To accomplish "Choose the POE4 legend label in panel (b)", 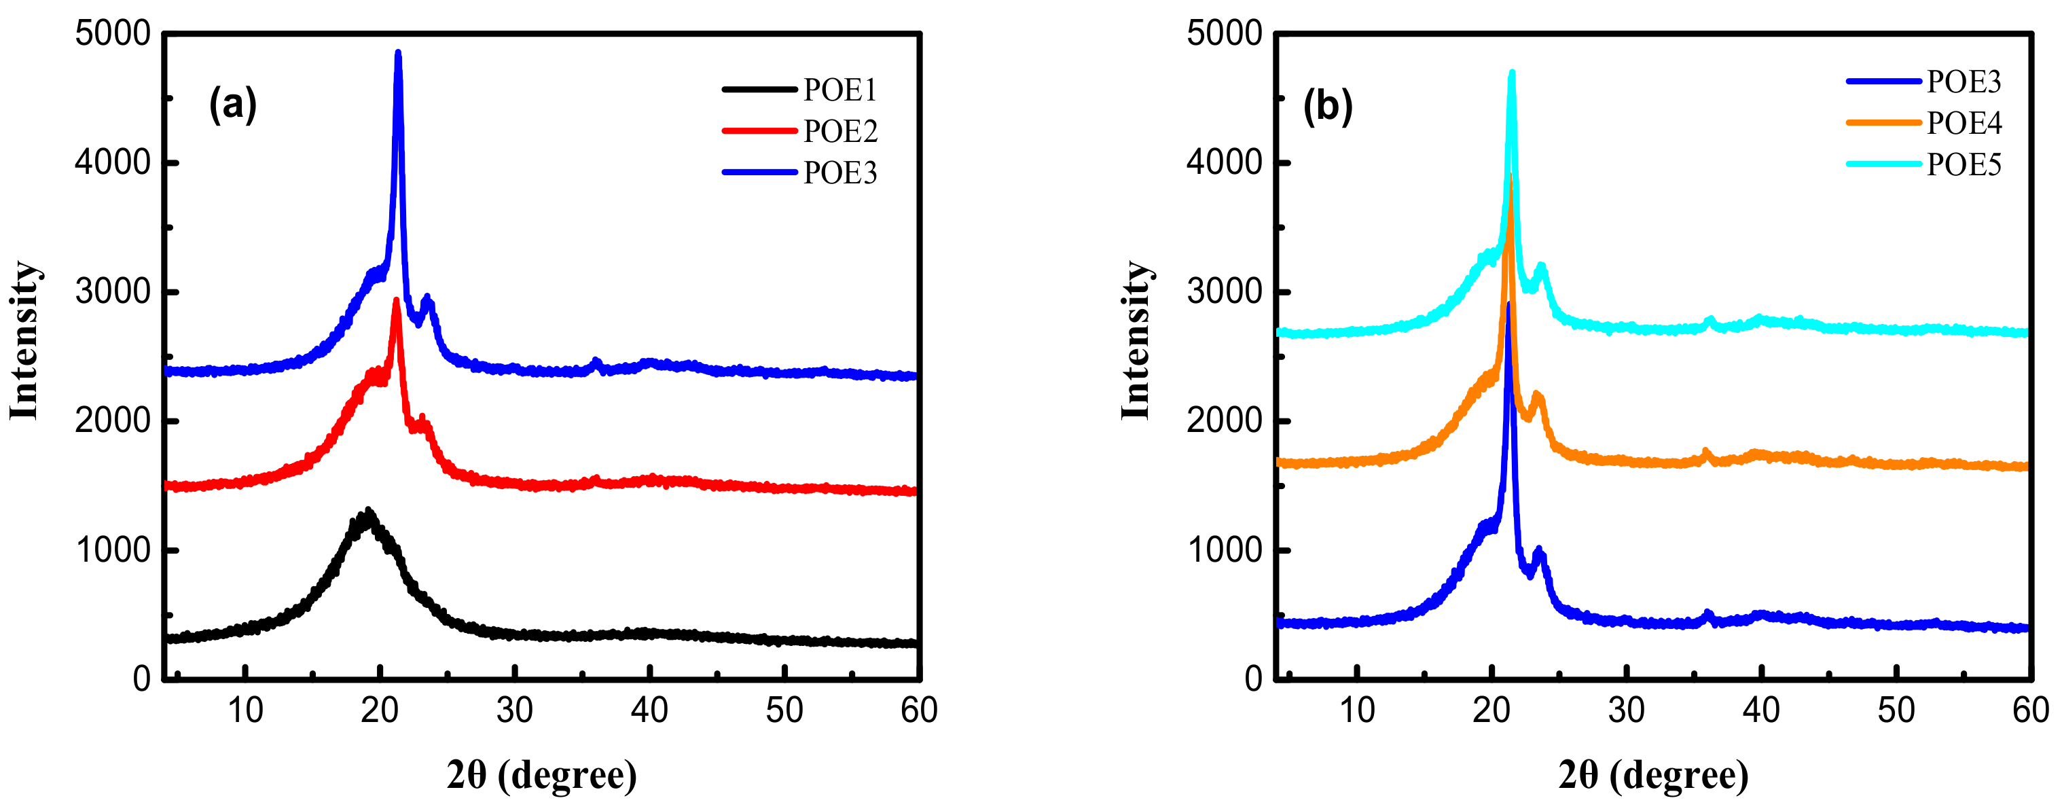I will pos(1963,124).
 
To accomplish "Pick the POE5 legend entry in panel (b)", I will pos(1963,165).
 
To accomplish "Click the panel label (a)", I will pos(232,104).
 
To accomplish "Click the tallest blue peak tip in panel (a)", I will pos(398,54).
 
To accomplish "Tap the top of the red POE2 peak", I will pos(396,301).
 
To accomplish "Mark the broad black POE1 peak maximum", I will pos(367,512).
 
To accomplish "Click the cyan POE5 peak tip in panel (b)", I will pos(1511,73).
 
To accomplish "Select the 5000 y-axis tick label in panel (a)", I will pos(112,34).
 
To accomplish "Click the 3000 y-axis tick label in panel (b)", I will pos(1224,291).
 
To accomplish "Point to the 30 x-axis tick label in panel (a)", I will pos(514,710).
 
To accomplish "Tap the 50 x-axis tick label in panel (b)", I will pos(1896,710).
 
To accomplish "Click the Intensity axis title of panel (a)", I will pos(24,340).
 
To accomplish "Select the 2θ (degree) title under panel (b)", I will pos(1653,775).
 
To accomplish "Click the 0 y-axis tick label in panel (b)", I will pos(1254,679).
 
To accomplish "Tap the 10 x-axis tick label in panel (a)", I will pos(245,710).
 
